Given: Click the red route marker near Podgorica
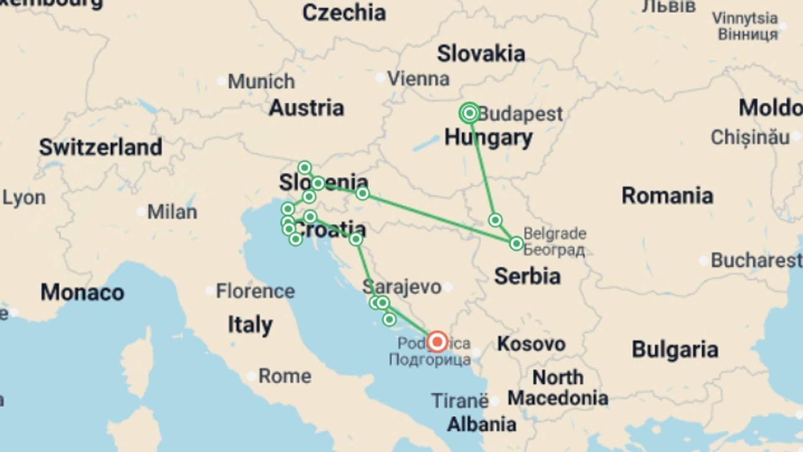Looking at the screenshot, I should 437,342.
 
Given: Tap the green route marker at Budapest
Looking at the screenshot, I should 469,113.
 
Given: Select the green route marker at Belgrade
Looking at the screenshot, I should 517,243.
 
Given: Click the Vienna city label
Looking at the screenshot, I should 418,79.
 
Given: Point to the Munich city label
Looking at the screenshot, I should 261,81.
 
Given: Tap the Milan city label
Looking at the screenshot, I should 172,212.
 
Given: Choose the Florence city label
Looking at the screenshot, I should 255,291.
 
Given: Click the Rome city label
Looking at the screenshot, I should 285,376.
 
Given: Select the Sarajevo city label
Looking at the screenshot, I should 402,287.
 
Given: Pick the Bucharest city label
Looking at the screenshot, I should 756,260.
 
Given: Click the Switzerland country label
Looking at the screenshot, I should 101,147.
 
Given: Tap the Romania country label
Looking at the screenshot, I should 667,195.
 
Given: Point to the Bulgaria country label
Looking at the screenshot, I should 675,349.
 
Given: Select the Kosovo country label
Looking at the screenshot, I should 531,344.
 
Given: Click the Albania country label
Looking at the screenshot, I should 481,424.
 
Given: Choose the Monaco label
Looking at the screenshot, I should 82,292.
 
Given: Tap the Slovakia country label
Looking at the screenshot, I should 481,54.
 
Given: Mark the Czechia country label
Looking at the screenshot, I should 344,13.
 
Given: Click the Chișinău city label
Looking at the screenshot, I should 750,137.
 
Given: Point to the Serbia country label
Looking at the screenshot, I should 527,276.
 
